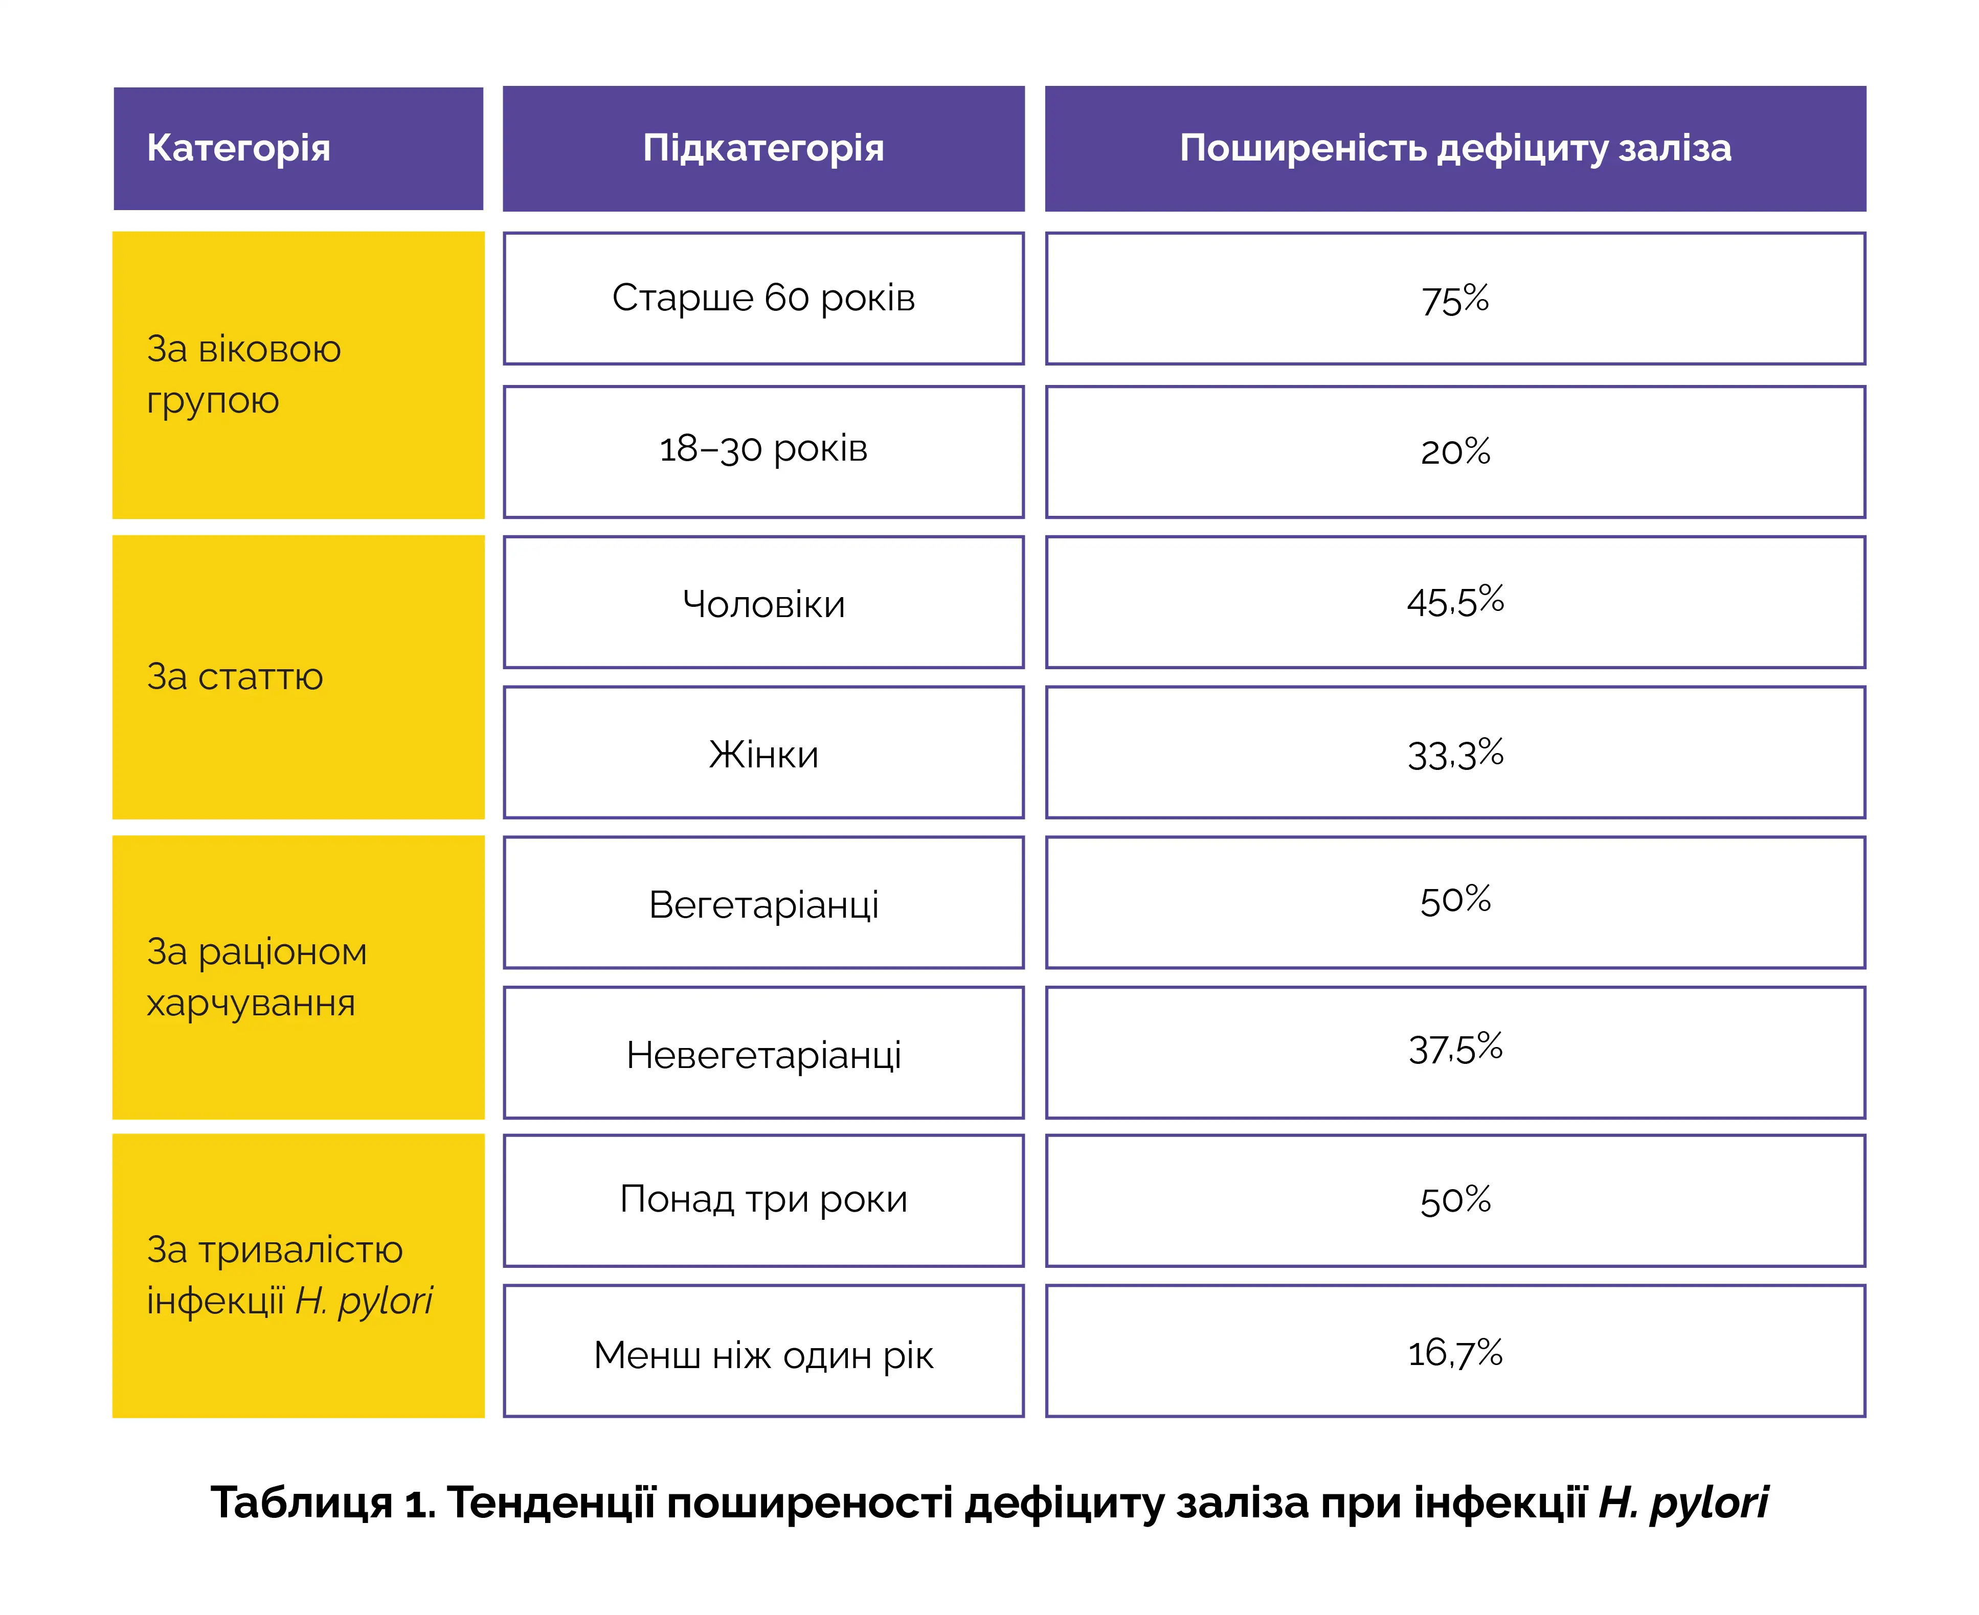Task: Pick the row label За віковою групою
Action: [244, 374]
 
